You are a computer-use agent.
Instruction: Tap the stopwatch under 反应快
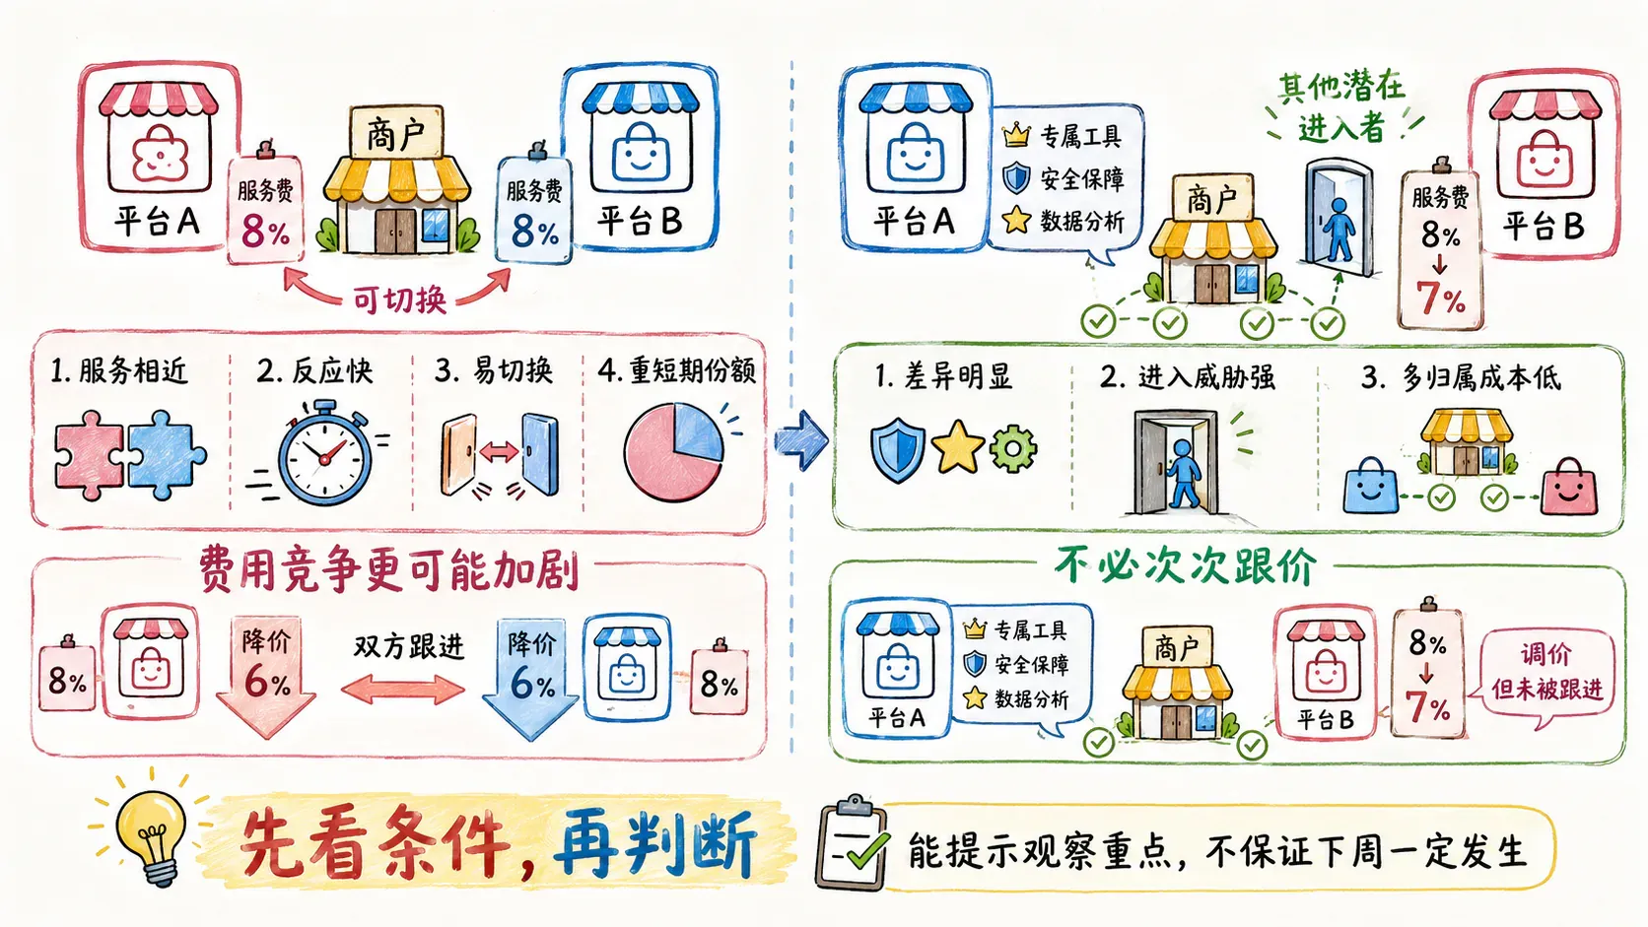[323, 453]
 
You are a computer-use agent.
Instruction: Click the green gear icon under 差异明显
[1013, 447]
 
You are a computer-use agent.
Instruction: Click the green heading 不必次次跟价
[1185, 565]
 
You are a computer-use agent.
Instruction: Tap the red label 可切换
[399, 299]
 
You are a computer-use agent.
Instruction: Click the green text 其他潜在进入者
[1341, 107]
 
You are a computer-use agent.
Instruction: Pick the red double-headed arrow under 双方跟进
[403, 690]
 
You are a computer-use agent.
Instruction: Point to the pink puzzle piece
[90, 455]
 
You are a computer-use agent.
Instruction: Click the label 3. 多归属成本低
[1461, 378]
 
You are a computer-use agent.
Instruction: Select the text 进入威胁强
[1206, 378]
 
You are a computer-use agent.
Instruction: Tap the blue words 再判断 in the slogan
[654, 843]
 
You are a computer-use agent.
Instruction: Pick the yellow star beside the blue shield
[958, 446]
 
